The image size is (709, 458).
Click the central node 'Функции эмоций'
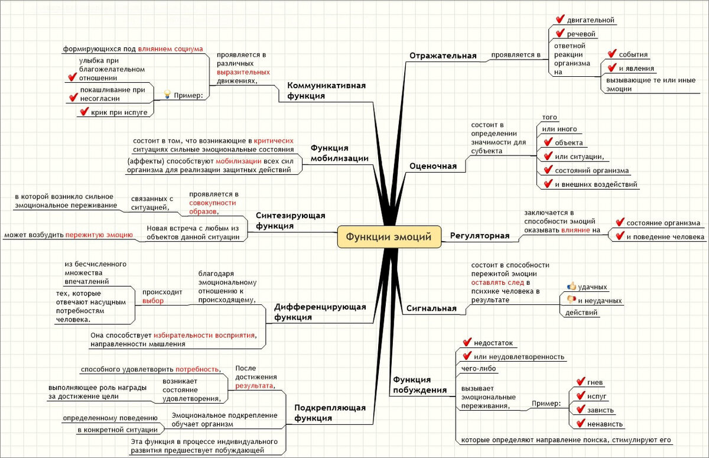[389, 236]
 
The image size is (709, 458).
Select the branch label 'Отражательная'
[443, 56]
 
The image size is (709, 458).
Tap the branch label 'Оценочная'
[433, 166]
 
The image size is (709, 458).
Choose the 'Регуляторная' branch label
[480, 236]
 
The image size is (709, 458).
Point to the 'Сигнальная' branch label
[431, 308]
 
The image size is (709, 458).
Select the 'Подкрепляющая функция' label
[330, 412]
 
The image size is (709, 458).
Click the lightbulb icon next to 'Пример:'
[167, 95]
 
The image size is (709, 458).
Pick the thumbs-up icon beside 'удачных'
[571, 286]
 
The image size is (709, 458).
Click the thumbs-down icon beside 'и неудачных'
[571, 300]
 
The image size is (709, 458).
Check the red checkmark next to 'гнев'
[580, 382]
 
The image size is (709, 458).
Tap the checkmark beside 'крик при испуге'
[83, 111]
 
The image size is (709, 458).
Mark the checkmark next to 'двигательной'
[559, 20]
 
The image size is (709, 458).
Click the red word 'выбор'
[153, 301]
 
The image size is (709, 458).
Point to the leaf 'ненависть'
[605, 424]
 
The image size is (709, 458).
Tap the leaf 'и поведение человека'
[665, 236]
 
